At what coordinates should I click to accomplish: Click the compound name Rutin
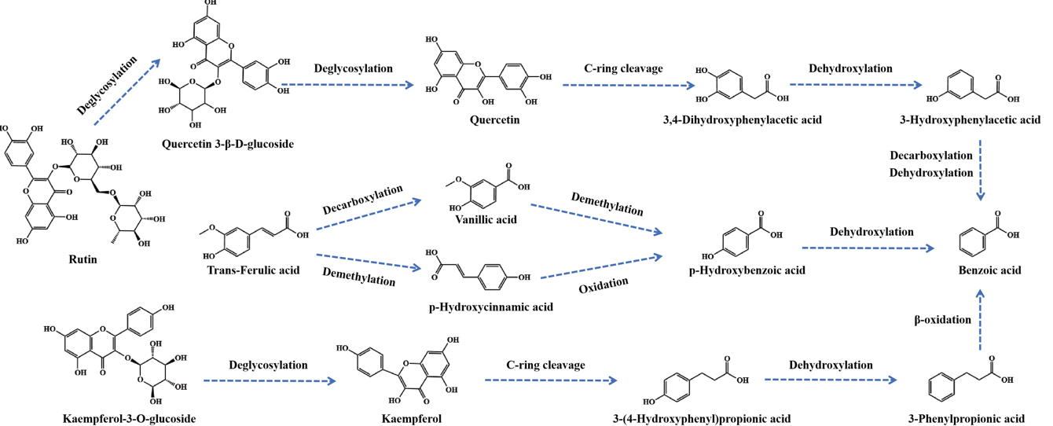coord(82,260)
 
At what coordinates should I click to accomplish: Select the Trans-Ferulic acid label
coord(253,270)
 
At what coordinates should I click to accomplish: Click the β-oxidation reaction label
coord(941,320)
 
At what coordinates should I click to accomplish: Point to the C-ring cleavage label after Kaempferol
coord(545,365)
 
